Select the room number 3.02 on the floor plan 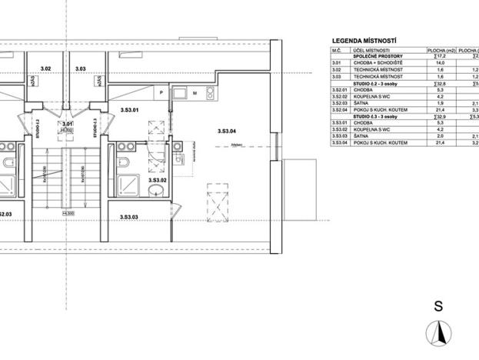tap(45, 69)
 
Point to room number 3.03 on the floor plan tap(81, 69)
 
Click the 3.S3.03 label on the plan tap(128, 218)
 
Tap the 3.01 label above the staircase tap(67, 124)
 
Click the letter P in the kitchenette tap(161, 93)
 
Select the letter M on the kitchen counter tap(196, 93)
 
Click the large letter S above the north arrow tap(438, 305)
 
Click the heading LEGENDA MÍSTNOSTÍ tap(368, 40)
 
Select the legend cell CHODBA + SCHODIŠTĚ tap(377, 63)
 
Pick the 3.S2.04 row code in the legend tap(340, 110)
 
